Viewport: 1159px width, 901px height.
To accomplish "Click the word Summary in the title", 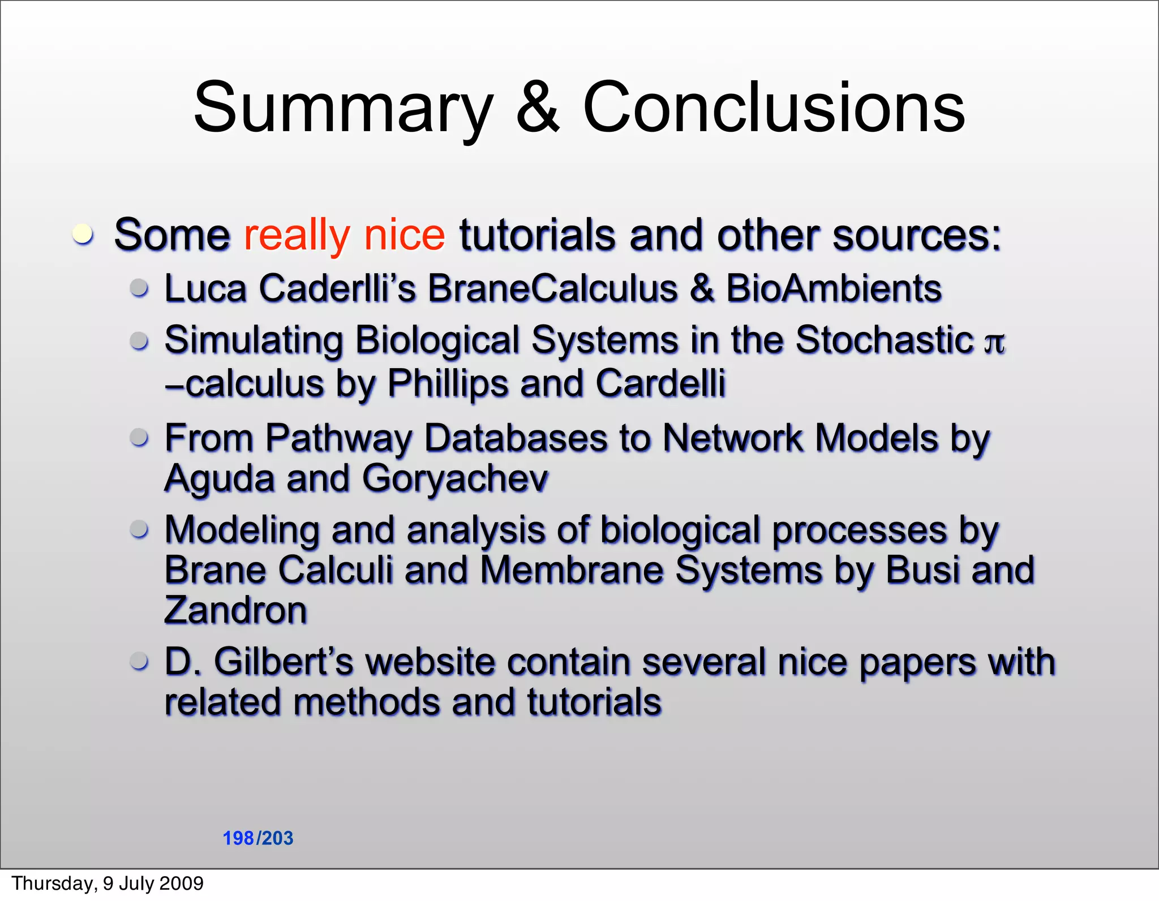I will (x=343, y=109).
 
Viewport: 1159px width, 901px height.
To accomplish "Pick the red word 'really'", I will (x=297, y=235).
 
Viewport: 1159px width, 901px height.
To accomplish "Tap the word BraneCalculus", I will (x=552, y=288).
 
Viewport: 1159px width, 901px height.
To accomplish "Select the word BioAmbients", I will (x=834, y=288).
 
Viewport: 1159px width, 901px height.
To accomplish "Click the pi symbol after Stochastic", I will (x=994, y=342).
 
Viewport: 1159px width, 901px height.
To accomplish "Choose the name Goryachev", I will (x=454, y=479).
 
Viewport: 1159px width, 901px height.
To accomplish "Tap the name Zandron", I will (x=235, y=610).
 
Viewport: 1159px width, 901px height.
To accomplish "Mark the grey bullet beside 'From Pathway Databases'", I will (x=139, y=437).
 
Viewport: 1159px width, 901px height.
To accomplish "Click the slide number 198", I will (x=238, y=838).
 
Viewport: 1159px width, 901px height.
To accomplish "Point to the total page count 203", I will (x=277, y=838).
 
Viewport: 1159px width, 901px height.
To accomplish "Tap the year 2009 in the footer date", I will (x=182, y=883).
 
